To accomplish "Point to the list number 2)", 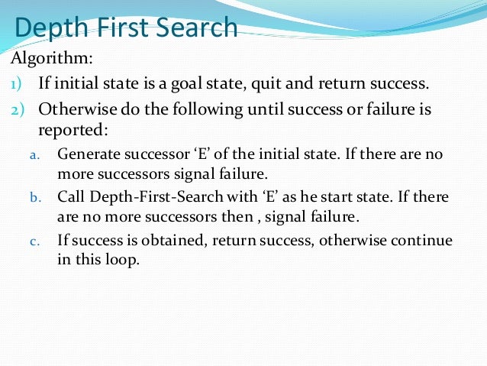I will [x=18, y=109].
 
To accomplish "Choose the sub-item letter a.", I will [x=33, y=155].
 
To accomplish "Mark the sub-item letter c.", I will [x=34, y=241].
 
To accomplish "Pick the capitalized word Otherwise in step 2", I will [x=72, y=109].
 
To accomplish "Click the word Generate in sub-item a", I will [x=85, y=154].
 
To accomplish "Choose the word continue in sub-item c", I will [x=424, y=241].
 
